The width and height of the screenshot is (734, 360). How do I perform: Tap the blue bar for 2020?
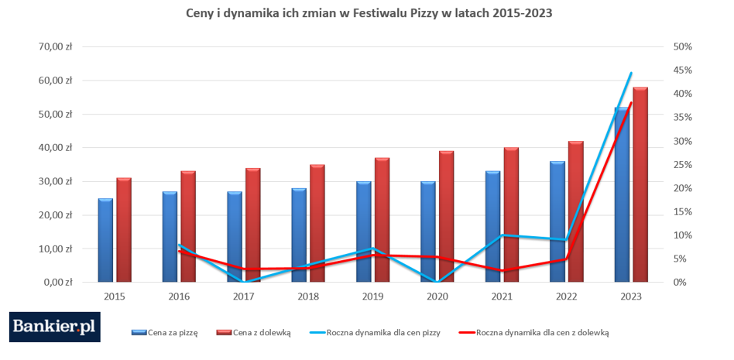(x=428, y=231)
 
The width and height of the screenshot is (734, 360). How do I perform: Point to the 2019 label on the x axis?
(x=372, y=296)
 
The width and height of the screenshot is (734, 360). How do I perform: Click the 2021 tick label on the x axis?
(x=502, y=296)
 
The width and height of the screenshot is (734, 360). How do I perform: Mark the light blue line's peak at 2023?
(x=631, y=73)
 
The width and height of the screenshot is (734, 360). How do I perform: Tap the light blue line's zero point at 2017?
(x=244, y=282)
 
